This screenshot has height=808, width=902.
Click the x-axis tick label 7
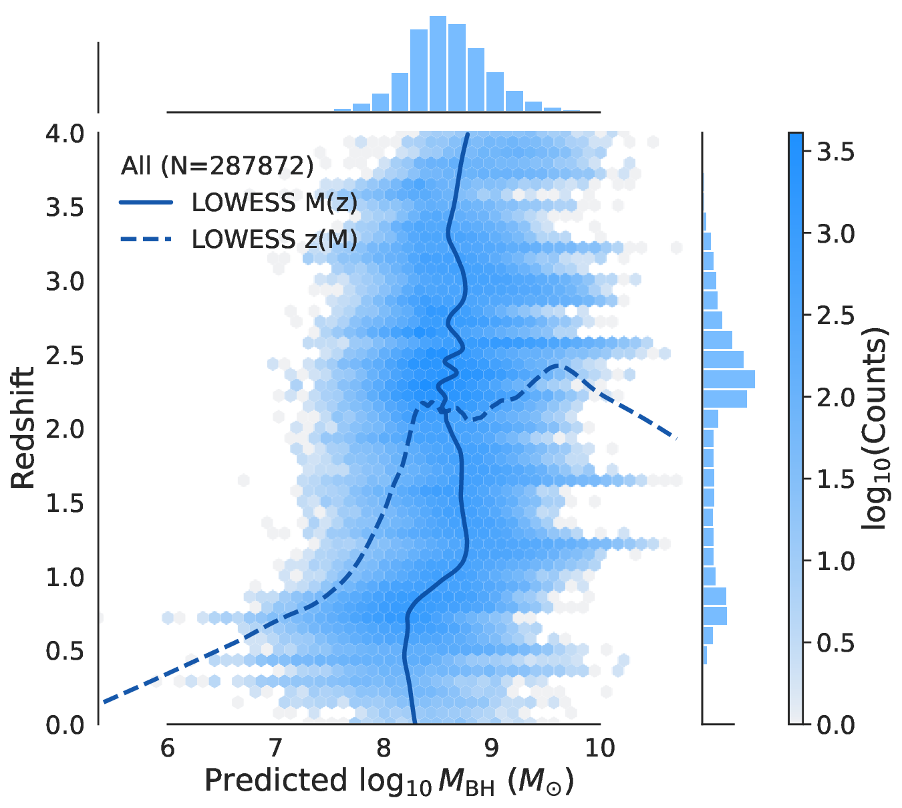275,748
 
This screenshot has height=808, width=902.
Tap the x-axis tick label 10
600,748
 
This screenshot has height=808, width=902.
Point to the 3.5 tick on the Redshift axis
65,208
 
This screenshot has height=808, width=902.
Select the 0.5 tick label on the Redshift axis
65,651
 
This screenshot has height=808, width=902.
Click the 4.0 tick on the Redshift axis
65,134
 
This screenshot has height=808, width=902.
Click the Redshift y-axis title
23,428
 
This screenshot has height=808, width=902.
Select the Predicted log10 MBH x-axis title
389,781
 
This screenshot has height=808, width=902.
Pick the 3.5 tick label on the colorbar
836,152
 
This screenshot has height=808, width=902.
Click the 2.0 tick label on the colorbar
836,398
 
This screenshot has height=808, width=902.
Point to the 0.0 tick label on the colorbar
836,724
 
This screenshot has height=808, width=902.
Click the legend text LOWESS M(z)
275,203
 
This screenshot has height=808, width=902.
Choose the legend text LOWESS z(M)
275,239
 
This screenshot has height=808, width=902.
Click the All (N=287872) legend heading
217,166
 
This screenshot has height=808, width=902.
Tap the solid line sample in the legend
146,203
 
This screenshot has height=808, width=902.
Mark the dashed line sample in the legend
146,239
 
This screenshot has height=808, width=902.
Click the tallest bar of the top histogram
438,63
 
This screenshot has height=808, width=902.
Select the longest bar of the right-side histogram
728,380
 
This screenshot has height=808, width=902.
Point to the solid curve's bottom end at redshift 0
414,722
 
